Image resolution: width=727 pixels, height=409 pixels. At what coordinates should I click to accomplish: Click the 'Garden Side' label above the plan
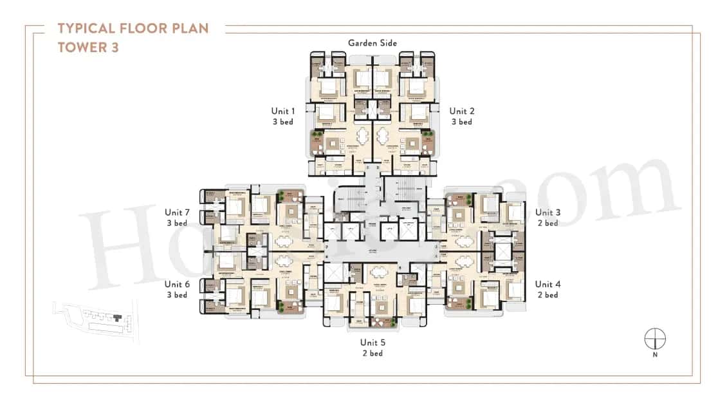pyautogui.click(x=372, y=43)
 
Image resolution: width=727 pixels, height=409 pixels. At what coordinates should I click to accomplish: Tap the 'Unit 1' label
pyautogui.click(x=283, y=111)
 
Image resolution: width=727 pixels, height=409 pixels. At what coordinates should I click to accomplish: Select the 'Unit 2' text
pyautogui.click(x=461, y=111)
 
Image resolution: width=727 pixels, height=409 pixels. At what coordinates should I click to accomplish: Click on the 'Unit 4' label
pyautogui.click(x=547, y=284)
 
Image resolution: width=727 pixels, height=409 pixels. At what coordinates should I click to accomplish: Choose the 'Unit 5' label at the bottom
pyautogui.click(x=372, y=342)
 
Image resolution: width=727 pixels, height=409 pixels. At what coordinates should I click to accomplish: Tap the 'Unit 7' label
pyautogui.click(x=177, y=213)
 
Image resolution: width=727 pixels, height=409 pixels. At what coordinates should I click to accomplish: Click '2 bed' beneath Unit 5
pyautogui.click(x=372, y=353)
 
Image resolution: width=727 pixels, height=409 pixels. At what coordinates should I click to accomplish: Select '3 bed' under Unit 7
pyautogui.click(x=177, y=224)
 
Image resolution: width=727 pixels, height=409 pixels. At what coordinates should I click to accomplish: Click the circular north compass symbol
pyautogui.click(x=655, y=339)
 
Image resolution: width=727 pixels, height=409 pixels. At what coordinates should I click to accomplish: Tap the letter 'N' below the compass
pyautogui.click(x=655, y=354)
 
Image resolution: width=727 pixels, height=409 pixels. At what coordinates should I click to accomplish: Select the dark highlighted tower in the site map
pyautogui.click(x=117, y=316)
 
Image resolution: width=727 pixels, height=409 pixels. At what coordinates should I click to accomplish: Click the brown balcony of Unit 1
pyautogui.click(x=317, y=142)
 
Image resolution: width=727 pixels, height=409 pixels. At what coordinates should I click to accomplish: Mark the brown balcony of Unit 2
pyautogui.click(x=427, y=142)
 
